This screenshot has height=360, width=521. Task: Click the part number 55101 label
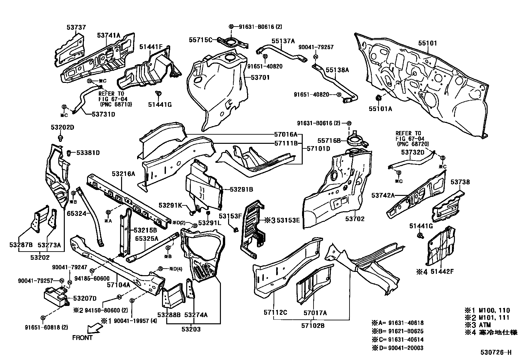(427, 43)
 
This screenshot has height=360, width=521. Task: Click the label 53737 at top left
(76, 28)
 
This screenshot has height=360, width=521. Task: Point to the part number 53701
(260, 78)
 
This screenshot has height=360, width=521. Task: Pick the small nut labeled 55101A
(378, 98)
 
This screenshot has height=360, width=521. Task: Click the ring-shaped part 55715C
(231, 42)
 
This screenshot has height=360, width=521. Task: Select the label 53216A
(123, 174)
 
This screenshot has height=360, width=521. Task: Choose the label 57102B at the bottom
(313, 326)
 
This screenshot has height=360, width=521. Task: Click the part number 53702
(355, 219)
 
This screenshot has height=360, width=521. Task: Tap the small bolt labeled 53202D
(61, 137)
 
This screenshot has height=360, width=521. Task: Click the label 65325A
(147, 238)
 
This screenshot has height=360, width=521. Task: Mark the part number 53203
(191, 329)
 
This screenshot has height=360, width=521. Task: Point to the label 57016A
(286, 134)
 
